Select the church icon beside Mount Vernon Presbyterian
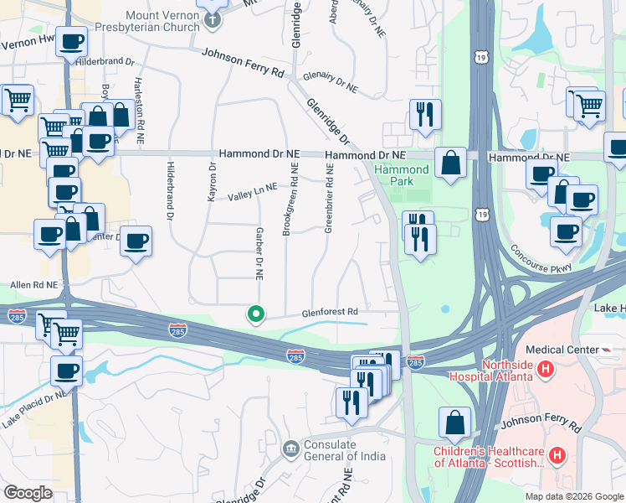click(x=213, y=20)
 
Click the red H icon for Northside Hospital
click(x=546, y=368)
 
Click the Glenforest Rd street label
click(x=331, y=312)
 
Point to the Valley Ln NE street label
click(x=249, y=191)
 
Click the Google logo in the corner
click(x=28, y=493)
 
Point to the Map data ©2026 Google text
click(x=573, y=496)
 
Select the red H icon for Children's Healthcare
click(x=557, y=455)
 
